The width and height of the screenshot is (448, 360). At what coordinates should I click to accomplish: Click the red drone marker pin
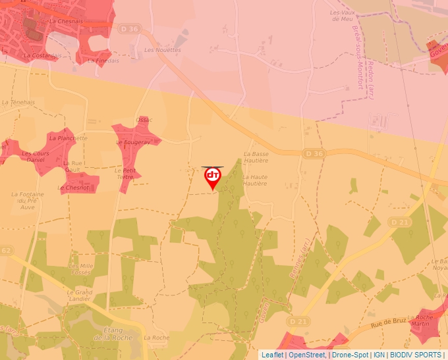[x=212, y=177]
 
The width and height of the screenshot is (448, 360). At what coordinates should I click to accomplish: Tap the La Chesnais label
[x=66, y=21]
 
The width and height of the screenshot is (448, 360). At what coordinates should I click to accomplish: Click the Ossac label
[x=144, y=120]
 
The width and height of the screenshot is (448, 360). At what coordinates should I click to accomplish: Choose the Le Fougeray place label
[x=136, y=142]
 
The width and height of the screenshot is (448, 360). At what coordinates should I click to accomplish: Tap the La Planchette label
[x=69, y=138]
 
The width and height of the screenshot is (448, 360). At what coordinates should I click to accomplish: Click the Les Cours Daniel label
[x=35, y=157]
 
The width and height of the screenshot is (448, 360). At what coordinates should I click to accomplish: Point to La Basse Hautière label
[x=256, y=157]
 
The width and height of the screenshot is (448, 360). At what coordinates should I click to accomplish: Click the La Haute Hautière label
[x=255, y=180]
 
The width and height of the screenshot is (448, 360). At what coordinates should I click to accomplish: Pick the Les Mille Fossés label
[x=80, y=269]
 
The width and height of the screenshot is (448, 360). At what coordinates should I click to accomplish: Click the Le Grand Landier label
[x=80, y=295]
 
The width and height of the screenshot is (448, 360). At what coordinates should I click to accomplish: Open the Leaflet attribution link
[x=272, y=355]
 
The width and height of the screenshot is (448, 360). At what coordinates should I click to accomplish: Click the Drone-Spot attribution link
[x=350, y=355]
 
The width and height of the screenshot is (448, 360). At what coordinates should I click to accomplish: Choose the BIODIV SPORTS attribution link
[x=416, y=355]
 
